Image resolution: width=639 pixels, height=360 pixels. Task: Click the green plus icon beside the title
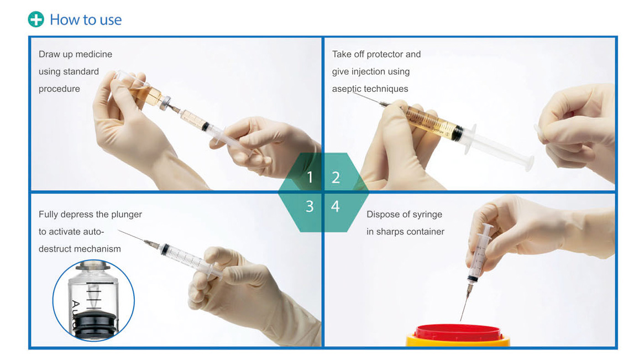tap(36, 19)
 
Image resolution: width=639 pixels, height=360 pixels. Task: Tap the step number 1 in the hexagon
tap(310, 178)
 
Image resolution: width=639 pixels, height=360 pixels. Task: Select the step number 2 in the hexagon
tap(336, 178)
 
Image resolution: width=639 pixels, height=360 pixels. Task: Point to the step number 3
tap(310, 206)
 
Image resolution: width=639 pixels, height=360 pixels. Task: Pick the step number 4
tap(336, 206)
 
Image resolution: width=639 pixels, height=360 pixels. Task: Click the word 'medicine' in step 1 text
tap(93, 54)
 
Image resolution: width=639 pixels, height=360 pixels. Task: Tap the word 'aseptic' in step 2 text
tap(347, 89)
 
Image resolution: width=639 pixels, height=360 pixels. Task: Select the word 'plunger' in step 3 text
tap(127, 215)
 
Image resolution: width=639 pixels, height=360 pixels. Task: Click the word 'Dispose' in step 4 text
tap(383, 215)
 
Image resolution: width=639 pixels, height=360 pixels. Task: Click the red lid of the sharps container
tap(458, 333)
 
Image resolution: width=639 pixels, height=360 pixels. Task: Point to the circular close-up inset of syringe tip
tap(93, 300)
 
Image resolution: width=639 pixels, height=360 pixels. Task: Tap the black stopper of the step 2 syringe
tap(458, 133)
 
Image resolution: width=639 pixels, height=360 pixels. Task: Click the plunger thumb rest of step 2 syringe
tap(529, 163)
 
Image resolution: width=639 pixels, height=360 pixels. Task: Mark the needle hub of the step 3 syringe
tap(152, 244)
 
